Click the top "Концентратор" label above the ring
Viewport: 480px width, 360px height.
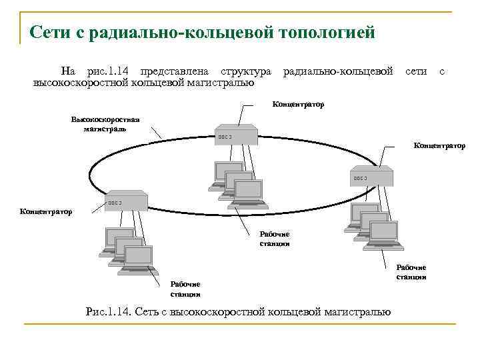299,105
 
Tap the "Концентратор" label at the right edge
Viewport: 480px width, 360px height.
439,145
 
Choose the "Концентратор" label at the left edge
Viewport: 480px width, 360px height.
45,211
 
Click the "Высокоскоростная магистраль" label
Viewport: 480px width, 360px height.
105,124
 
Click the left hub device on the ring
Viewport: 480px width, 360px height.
126,201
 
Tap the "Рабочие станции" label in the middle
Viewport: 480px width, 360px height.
275,239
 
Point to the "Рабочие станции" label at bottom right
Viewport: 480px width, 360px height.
411,272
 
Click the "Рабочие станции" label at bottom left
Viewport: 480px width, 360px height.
185,289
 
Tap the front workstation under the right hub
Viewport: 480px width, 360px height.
384,235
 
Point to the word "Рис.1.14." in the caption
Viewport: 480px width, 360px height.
109,311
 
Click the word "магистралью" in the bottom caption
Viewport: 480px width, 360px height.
356,311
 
